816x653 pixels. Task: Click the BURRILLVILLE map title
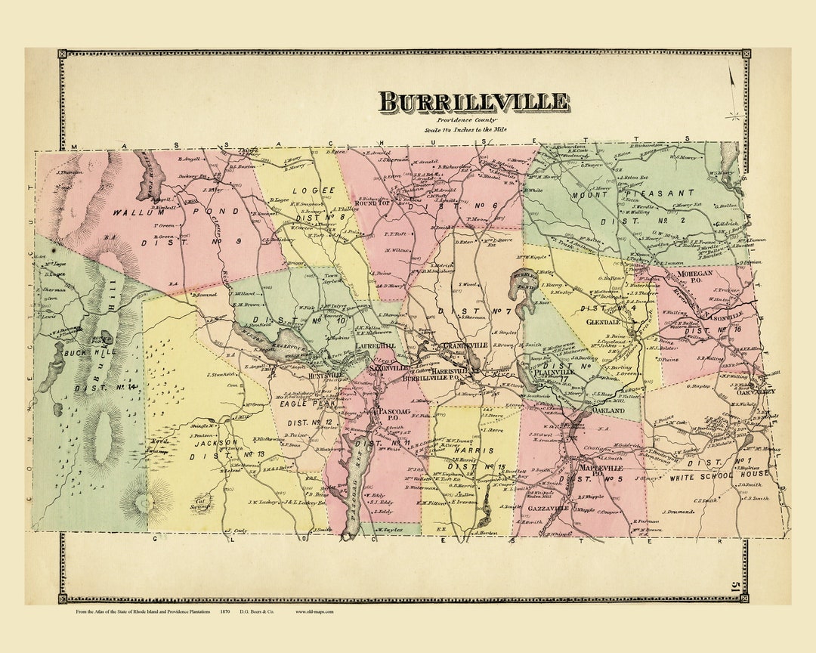coord(474,101)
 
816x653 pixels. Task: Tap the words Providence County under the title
coord(464,120)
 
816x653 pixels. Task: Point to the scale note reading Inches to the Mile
coord(465,130)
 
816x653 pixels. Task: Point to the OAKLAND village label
coord(607,410)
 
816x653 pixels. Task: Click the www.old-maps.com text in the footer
coord(314,611)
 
